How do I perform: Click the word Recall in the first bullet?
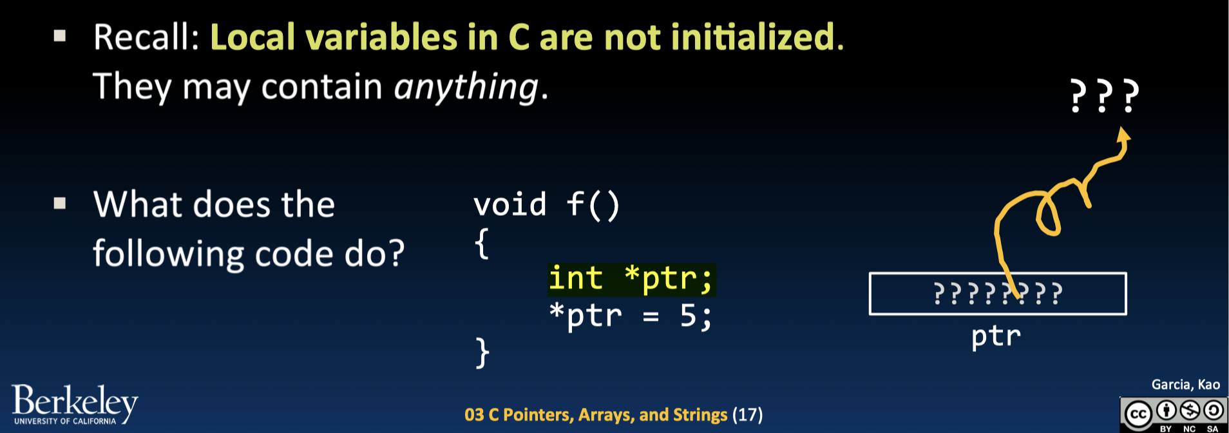pyautogui.click(x=146, y=37)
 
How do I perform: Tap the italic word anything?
pyautogui.click(x=466, y=87)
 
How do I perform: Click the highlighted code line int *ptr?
pyautogui.click(x=631, y=280)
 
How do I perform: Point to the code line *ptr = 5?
pyautogui.click(x=631, y=316)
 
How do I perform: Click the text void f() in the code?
pyautogui.click(x=547, y=205)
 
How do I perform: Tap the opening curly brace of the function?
pyautogui.click(x=481, y=244)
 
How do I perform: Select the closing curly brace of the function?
pyautogui.click(x=482, y=352)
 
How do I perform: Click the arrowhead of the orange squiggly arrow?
pyautogui.click(x=1123, y=135)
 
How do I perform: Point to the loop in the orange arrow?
pyautogui.click(x=1048, y=216)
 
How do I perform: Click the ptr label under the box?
pyautogui.click(x=996, y=336)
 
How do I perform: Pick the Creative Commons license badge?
pyautogui.click(x=1174, y=414)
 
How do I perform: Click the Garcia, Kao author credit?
pyautogui.click(x=1185, y=385)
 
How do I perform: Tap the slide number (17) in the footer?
pyautogui.click(x=747, y=414)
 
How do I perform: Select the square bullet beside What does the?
pyautogui.click(x=60, y=204)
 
